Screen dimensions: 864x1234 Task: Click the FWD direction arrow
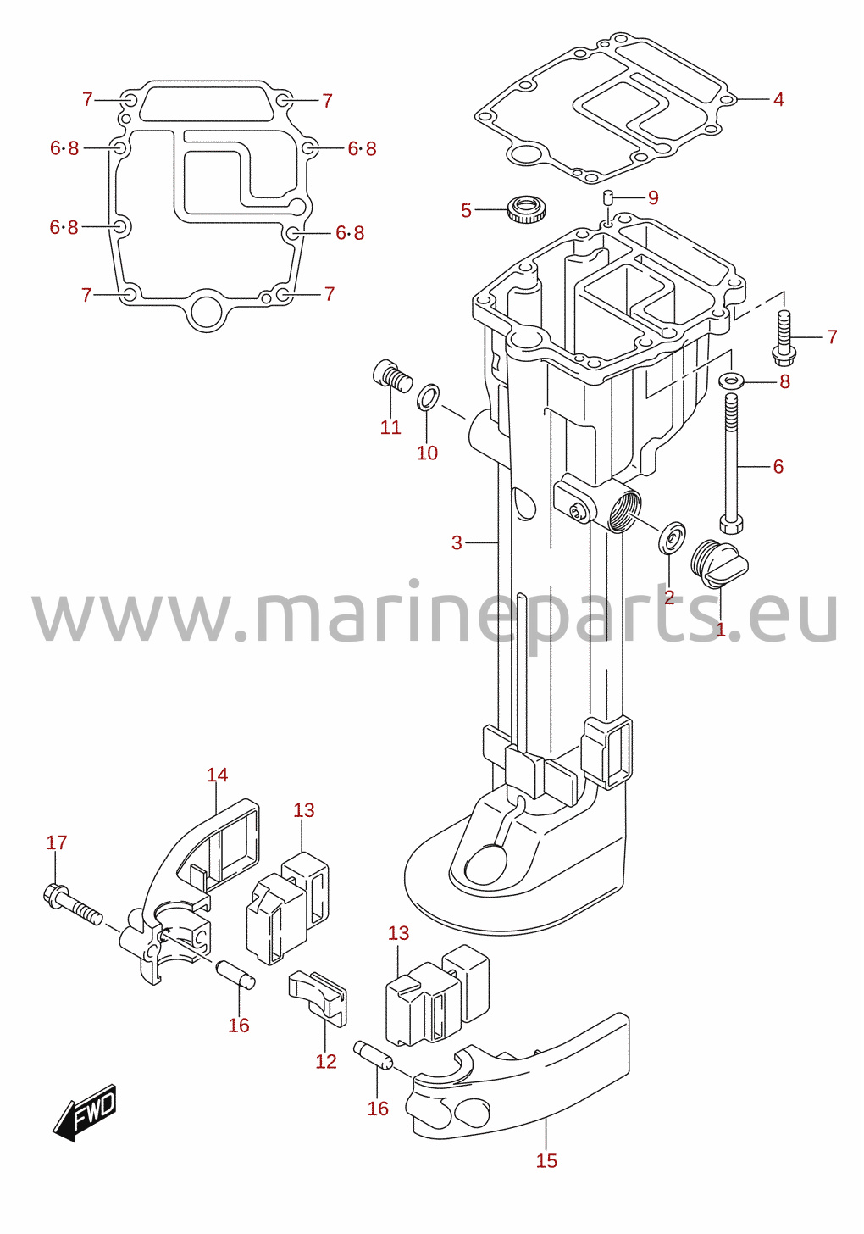pyautogui.click(x=84, y=1112)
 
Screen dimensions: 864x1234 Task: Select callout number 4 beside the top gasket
pyautogui.click(x=778, y=100)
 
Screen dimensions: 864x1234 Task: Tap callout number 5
pyautogui.click(x=466, y=210)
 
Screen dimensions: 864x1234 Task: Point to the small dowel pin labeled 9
pyautogui.click(x=608, y=198)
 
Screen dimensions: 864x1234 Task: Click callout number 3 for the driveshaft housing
pyautogui.click(x=457, y=542)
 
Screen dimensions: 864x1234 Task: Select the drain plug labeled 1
pyautogui.click(x=718, y=564)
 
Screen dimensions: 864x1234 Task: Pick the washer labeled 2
pyautogui.click(x=672, y=537)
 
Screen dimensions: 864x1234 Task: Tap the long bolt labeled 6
pyautogui.click(x=731, y=464)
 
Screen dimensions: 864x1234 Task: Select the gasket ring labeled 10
pyautogui.click(x=428, y=397)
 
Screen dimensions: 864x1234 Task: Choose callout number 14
pyautogui.click(x=217, y=775)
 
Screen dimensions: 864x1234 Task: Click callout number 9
pyautogui.click(x=653, y=197)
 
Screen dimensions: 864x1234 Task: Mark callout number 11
pyautogui.click(x=390, y=427)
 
